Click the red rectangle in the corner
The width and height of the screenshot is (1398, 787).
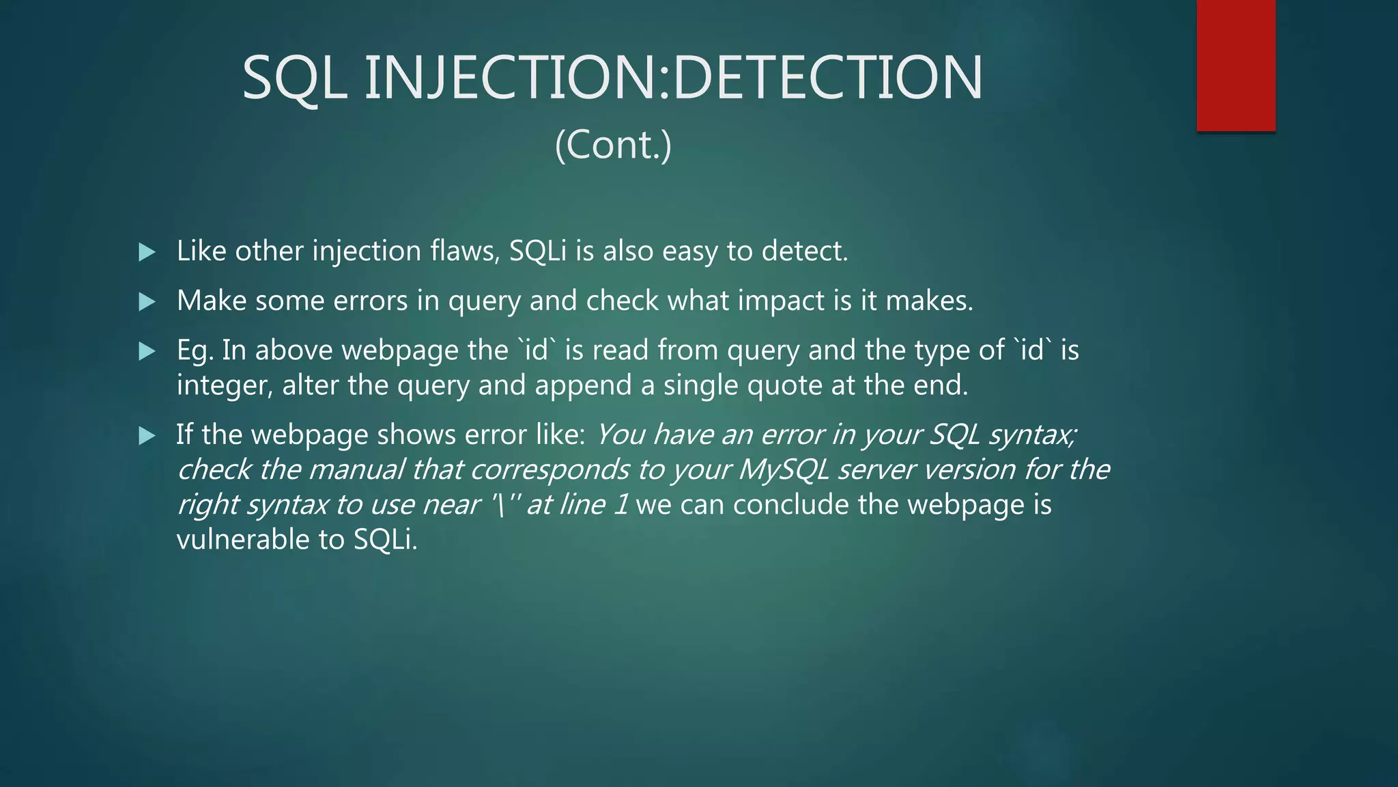point(1236,66)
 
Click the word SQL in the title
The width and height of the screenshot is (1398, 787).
point(294,78)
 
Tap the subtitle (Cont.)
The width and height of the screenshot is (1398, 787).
point(613,145)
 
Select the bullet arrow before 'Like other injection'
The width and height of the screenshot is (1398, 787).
point(147,252)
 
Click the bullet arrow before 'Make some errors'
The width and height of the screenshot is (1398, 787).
point(147,301)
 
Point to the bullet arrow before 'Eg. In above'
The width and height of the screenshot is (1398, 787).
point(147,351)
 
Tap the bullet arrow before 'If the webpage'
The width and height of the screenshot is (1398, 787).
point(147,435)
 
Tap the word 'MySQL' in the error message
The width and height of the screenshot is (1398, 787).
point(783,470)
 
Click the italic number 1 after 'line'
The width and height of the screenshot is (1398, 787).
point(620,505)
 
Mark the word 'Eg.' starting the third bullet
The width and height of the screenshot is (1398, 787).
point(195,350)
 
